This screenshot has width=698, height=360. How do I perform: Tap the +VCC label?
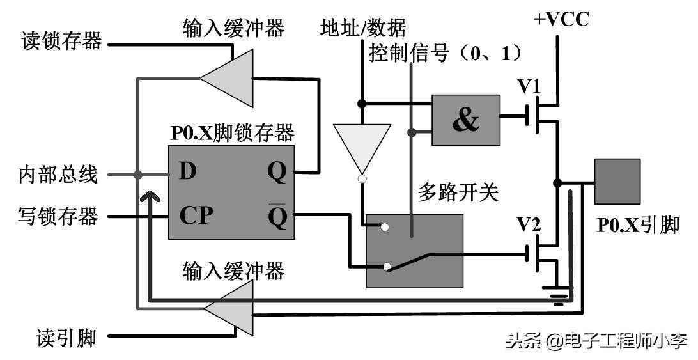point(561,20)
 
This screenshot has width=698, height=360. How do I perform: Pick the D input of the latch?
point(187,171)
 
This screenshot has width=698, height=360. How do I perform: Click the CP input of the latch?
point(195,215)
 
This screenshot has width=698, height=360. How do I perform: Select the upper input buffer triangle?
point(226,78)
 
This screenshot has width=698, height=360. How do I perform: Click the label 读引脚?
point(68,337)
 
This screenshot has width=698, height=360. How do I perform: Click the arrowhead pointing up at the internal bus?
point(149,194)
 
